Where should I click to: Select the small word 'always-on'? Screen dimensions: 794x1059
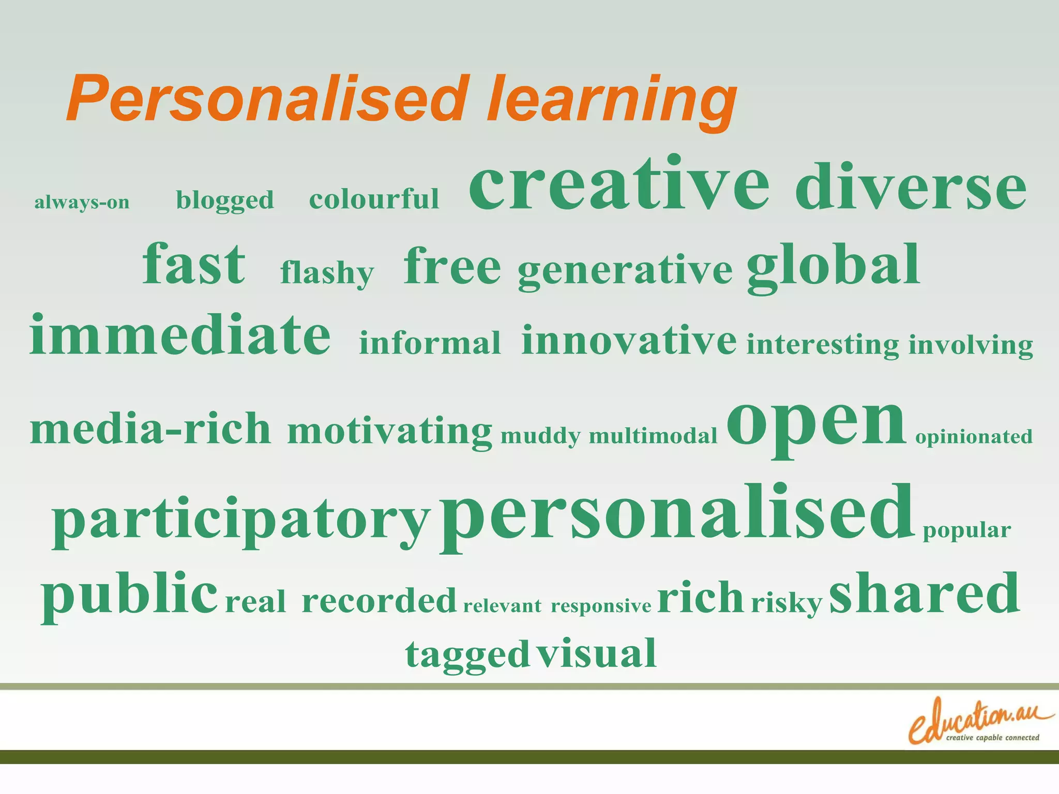82,202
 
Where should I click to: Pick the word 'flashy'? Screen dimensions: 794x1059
327,273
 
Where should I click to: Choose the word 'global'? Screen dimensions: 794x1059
833,266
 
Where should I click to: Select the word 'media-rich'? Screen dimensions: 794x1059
150,429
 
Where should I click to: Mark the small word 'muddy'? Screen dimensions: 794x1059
540,437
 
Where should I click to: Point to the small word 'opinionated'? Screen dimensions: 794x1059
974,437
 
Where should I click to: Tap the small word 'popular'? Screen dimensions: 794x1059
966,530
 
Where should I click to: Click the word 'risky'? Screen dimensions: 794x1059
786,603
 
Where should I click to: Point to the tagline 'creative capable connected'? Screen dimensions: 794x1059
992,738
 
